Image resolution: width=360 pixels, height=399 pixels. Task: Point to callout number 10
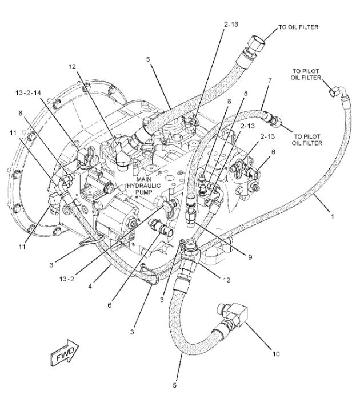[x=275, y=354]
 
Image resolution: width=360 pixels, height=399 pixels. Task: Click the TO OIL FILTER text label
[x=298, y=27]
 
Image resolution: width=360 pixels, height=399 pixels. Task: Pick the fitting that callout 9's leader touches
[x=191, y=217]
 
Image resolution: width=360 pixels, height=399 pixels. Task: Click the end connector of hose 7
[x=274, y=119]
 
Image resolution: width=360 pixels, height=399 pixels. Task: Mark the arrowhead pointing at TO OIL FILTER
[x=271, y=32]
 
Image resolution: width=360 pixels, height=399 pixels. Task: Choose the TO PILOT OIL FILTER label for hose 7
[x=308, y=140]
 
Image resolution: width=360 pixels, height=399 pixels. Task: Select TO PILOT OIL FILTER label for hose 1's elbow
[x=307, y=74]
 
